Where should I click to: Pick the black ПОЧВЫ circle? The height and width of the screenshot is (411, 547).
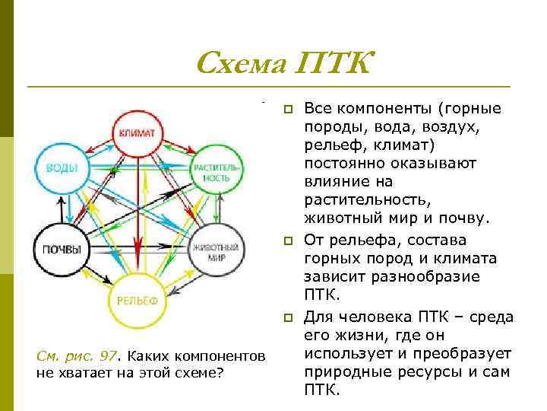[58, 248]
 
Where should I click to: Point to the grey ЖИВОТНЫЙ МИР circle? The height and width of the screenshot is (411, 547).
[216, 251]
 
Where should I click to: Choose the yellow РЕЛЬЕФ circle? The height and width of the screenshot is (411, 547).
[137, 299]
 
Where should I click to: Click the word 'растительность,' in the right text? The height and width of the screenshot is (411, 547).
[367, 201]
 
